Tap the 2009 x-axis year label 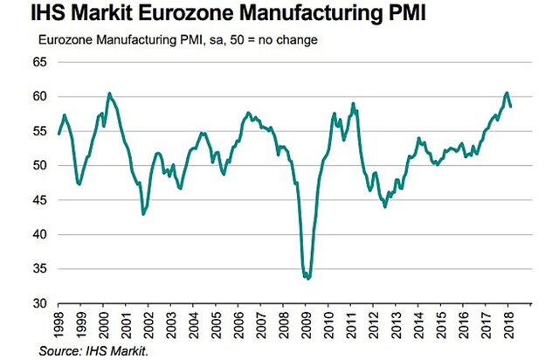pyautogui.click(x=307, y=323)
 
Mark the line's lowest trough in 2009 pyautogui.click(x=308, y=279)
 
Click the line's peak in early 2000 pyautogui.click(x=109, y=93)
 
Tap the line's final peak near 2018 pyautogui.click(x=507, y=93)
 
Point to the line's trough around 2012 pyautogui.click(x=385, y=206)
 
